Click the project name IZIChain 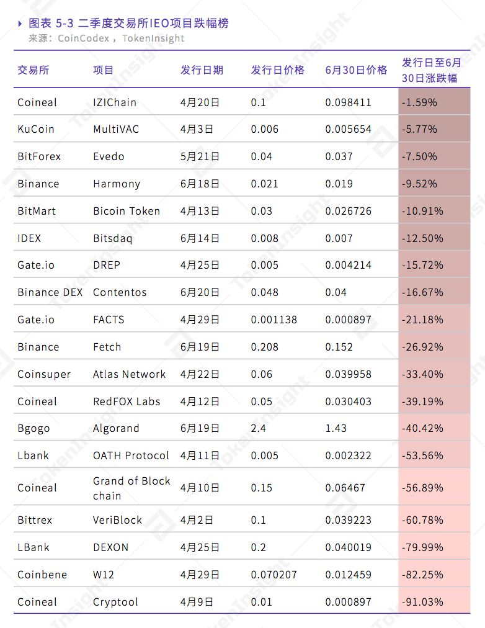[x=115, y=102]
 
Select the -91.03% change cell [x=423, y=602]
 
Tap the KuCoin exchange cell [x=36, y=130]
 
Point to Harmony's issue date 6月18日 [x=200, y=184]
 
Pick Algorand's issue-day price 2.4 [x=259, y=429]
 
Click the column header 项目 [x=104, y=70]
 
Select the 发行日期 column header [x=202, y=70]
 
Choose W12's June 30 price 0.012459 [x=348, y=575]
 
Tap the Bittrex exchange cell [x=35, y=520]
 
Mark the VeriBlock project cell [x=118, y=520]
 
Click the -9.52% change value [x=419, y=184]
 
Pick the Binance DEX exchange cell [x=50, y=293]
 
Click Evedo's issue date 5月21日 [x=200, y=157]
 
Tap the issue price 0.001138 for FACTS [x=274, y=320]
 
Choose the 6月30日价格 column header [x=356, y=70]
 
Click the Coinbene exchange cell [x=42, y=575]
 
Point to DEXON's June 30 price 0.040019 [x=348, y=547]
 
